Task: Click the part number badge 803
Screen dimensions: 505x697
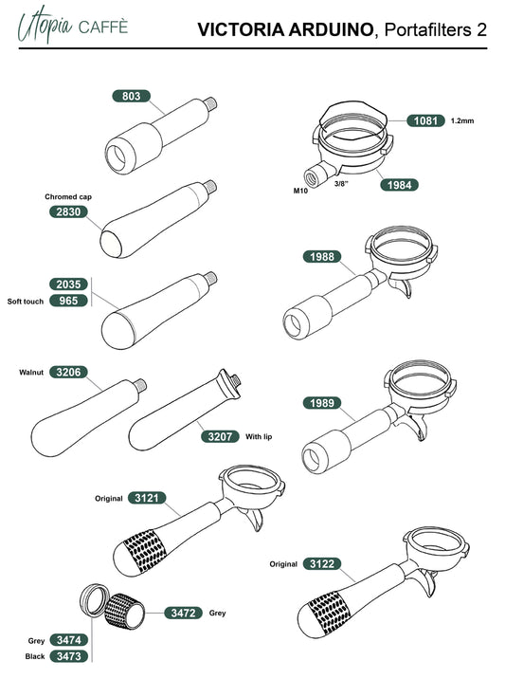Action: pyautogui.click(x=131, y=96)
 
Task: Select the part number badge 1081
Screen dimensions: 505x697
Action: pyautogui.click(x=426, y=120)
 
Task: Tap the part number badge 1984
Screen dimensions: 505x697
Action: pyautogui.click(x=399, y=185)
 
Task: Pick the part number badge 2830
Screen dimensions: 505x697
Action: pyautogui.click(x=68, y=211)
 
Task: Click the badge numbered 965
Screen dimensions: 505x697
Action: pyautogui.click(x=68, y=301)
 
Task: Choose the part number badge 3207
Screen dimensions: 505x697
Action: pyautogui.click(x=220, y=436)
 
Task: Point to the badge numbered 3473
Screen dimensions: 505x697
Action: pyautogui.click(x=69, y=656)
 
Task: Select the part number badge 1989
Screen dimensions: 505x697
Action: pyautogui.click(x=322, y=403)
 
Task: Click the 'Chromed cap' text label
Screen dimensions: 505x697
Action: pyautogui.click(x=68, y=196)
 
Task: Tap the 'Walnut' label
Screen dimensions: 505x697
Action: pyautogui.click(x=31, y=372)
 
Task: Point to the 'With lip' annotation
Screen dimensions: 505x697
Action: pyautogui.click(x=259, y=436)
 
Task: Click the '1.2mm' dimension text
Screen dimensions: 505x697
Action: pyautogui.click(x=462, y=120)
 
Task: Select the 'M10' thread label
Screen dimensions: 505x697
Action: pyautogui.click(x=300, y=191)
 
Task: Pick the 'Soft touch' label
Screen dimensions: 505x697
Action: pyautogui.click(x=26, y=301)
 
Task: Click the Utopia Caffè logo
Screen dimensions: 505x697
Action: pyautogui.click(x=73, y=25)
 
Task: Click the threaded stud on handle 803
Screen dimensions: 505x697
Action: pyautogui.click(x=211, y=104)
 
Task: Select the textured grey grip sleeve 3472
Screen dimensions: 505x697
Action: pyautogui.click(x=125, y=612)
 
